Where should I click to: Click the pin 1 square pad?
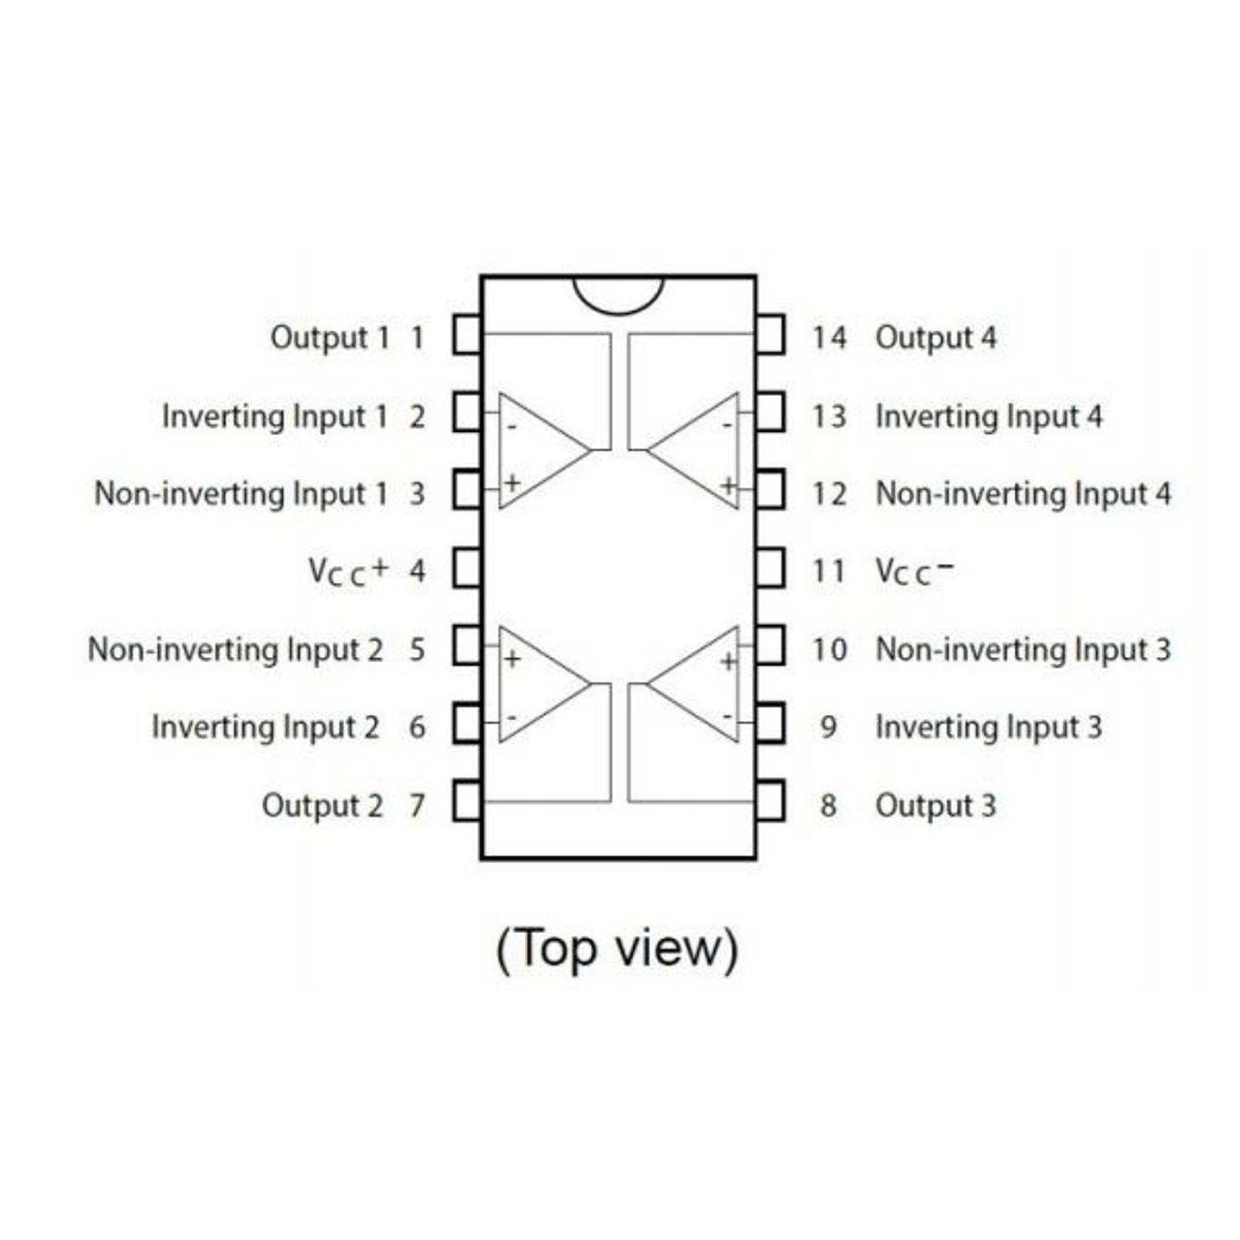click(x=467, y=335)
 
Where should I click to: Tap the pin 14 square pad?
click(x=770, y=335)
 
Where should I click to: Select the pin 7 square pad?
click(x=467, y=801)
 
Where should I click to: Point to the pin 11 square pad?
click(x=770, y=568)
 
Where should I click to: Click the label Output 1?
click(x=330, y=338)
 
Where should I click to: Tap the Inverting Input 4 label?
click(x=989, y=416)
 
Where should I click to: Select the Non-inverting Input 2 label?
click(x=235, y=650)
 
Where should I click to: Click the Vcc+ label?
click(x=348, y=572)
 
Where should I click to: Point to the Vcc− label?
click(x=914, y=572)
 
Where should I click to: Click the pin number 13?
click(x=829, y=416)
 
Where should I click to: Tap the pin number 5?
click(x=417, y=650)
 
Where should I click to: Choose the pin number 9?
click(x=829, y=728)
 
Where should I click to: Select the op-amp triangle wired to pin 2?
click(x=544, y=450)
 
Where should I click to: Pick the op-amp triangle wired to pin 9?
click(x=693, y=684)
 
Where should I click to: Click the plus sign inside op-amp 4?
click(x=728, y=485)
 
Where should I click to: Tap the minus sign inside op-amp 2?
click(x=512, y=717)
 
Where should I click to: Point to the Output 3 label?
click(x=936, y=806)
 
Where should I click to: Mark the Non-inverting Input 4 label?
click(x=1024, y=494)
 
